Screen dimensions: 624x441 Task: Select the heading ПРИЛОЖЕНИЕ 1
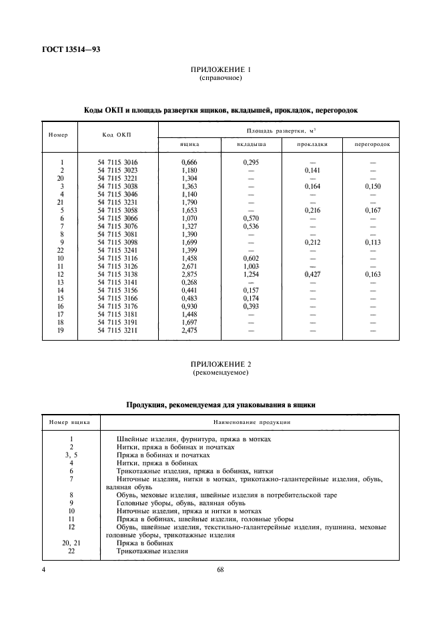tap(220, 70)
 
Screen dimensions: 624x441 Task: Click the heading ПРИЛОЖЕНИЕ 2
tap(220, 365)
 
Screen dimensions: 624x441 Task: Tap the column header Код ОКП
tap(117, 135)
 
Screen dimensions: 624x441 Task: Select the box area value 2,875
tap(190, 274)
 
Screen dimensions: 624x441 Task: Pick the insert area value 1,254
tap(252, 274)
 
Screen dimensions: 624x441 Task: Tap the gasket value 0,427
tap(312, 274)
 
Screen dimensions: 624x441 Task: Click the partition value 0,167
tap(372, 210)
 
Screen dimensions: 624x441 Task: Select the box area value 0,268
tap(190, 282)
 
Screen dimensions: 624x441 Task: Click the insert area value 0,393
tap(252, 306)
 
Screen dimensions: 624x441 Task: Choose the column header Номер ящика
tap(71, 422)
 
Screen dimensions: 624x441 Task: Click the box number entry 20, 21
tap(71, 543)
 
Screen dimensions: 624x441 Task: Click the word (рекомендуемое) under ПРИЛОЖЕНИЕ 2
tap(220, 373)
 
